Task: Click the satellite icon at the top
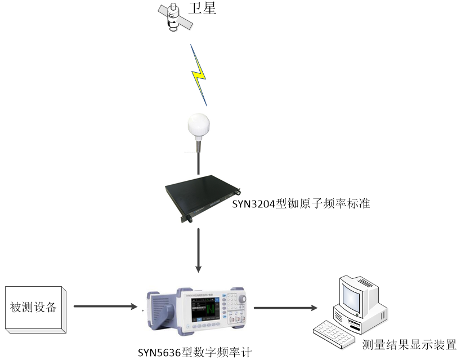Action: [175, 16]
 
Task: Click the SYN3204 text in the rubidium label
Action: [253, 204]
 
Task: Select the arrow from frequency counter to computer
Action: [285, 308]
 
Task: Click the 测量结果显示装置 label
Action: [409, 345]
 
